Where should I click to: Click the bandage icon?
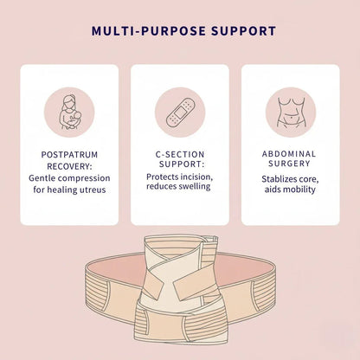pos(179,108)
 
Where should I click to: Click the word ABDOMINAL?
pos(290,153)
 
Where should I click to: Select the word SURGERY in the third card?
pos(290,165)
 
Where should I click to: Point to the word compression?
pos(86,177)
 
